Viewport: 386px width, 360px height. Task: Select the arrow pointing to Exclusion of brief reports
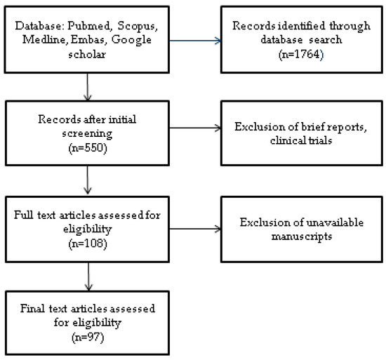(x=193, y=128)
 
